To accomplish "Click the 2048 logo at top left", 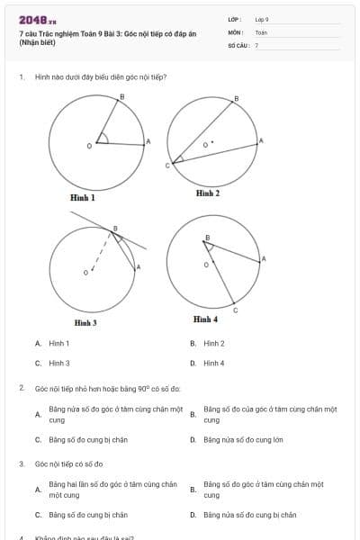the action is click(x=37, y=19).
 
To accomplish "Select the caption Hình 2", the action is click(x=208, y=193).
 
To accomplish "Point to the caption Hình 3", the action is click(x=85, y=322).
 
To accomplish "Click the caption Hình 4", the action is click(x=205, y=319).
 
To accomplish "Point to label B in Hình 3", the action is click(x=114, y=229).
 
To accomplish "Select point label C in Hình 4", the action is click(x=235, y=310).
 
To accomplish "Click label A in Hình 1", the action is click(x=148, y=141).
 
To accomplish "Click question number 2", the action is click(x=21, y=387).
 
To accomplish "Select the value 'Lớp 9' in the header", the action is click(x=262, y=18).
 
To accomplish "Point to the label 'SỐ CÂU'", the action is click(x=238, y=44).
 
